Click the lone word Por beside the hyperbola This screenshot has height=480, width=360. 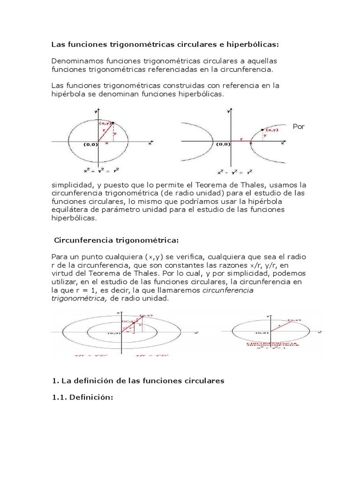click(299, 127)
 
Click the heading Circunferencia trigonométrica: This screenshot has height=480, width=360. click(117, 240)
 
